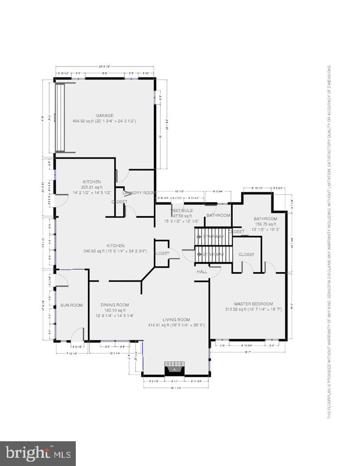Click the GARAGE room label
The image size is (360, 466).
[x=104, y=116]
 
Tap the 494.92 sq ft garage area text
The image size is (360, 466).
[x=104, y=121]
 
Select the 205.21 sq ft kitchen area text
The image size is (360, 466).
[x=91, y=187]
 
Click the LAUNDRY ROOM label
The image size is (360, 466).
[x=138, y=193]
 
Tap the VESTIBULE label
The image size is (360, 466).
[x=182, y=211]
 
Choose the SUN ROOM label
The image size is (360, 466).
[x=71, y=305]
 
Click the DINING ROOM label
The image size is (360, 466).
[x=115, y=305]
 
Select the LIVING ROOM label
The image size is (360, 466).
[x=176, y=319]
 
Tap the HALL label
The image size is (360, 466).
[x=202, y=272]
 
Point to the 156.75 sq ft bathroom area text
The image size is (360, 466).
[x=265, y=224]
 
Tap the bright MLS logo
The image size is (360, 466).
[x=37, y=453]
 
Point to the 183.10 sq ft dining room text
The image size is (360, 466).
[x=115, y=310]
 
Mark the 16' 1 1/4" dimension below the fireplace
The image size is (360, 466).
[x=176, y=388]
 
